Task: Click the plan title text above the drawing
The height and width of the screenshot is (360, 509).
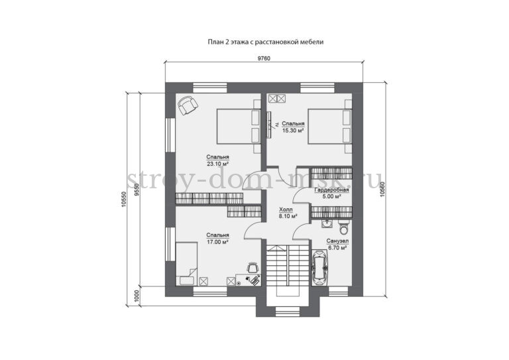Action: tap(265, 42)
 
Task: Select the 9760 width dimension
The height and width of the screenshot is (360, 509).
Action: tap(264, 58)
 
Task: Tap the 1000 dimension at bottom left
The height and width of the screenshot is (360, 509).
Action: tap(137, 296)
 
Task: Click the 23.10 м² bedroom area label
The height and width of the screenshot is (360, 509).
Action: tap(217, 160)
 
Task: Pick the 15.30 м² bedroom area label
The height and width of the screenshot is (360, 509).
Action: tap(293, 127)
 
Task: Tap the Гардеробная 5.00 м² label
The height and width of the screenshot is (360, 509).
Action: tap(331, 193)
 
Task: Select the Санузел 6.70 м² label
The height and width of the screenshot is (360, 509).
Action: tap(338, 245)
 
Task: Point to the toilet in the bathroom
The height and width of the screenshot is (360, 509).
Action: tap(343, 227)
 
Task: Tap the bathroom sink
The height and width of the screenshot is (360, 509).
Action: tap(327, 223)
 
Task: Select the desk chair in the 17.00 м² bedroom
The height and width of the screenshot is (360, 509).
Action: tap(253, 267)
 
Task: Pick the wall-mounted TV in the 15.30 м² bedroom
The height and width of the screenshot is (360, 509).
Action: tap(269, 125)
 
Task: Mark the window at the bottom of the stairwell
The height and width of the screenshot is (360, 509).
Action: tap(287, 312)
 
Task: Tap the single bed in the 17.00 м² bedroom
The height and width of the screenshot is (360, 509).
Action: tap(186, 264)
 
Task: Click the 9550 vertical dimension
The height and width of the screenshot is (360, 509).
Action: tap(137, 190)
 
